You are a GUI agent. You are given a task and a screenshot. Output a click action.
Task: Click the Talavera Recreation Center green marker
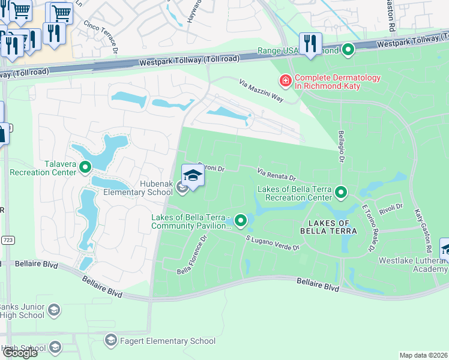(85, 167)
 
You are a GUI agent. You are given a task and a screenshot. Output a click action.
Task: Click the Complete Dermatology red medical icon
(286, 80)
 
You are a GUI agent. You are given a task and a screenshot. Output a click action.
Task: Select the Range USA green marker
(348, 51)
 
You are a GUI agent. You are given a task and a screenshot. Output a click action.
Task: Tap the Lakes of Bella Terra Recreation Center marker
(342, 193)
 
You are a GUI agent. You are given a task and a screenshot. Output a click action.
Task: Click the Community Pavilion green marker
(241, 221)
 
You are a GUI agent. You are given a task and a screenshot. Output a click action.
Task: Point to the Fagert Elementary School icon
(110, 341)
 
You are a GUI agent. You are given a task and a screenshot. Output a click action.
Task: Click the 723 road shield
(7, 240)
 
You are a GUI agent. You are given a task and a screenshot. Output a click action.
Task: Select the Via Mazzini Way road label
(261, 90)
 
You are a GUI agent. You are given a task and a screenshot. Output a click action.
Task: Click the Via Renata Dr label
(277, 175)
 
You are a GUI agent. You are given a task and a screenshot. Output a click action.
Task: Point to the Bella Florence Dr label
(192, 255)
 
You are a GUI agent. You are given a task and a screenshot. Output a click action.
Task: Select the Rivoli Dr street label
(390, 208)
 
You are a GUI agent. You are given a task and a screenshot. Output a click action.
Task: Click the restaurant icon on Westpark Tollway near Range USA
(310, 44)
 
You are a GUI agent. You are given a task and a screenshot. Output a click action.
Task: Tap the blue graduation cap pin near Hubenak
(193, 176)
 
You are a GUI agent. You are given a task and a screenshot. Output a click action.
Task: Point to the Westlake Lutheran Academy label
(413, 265)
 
